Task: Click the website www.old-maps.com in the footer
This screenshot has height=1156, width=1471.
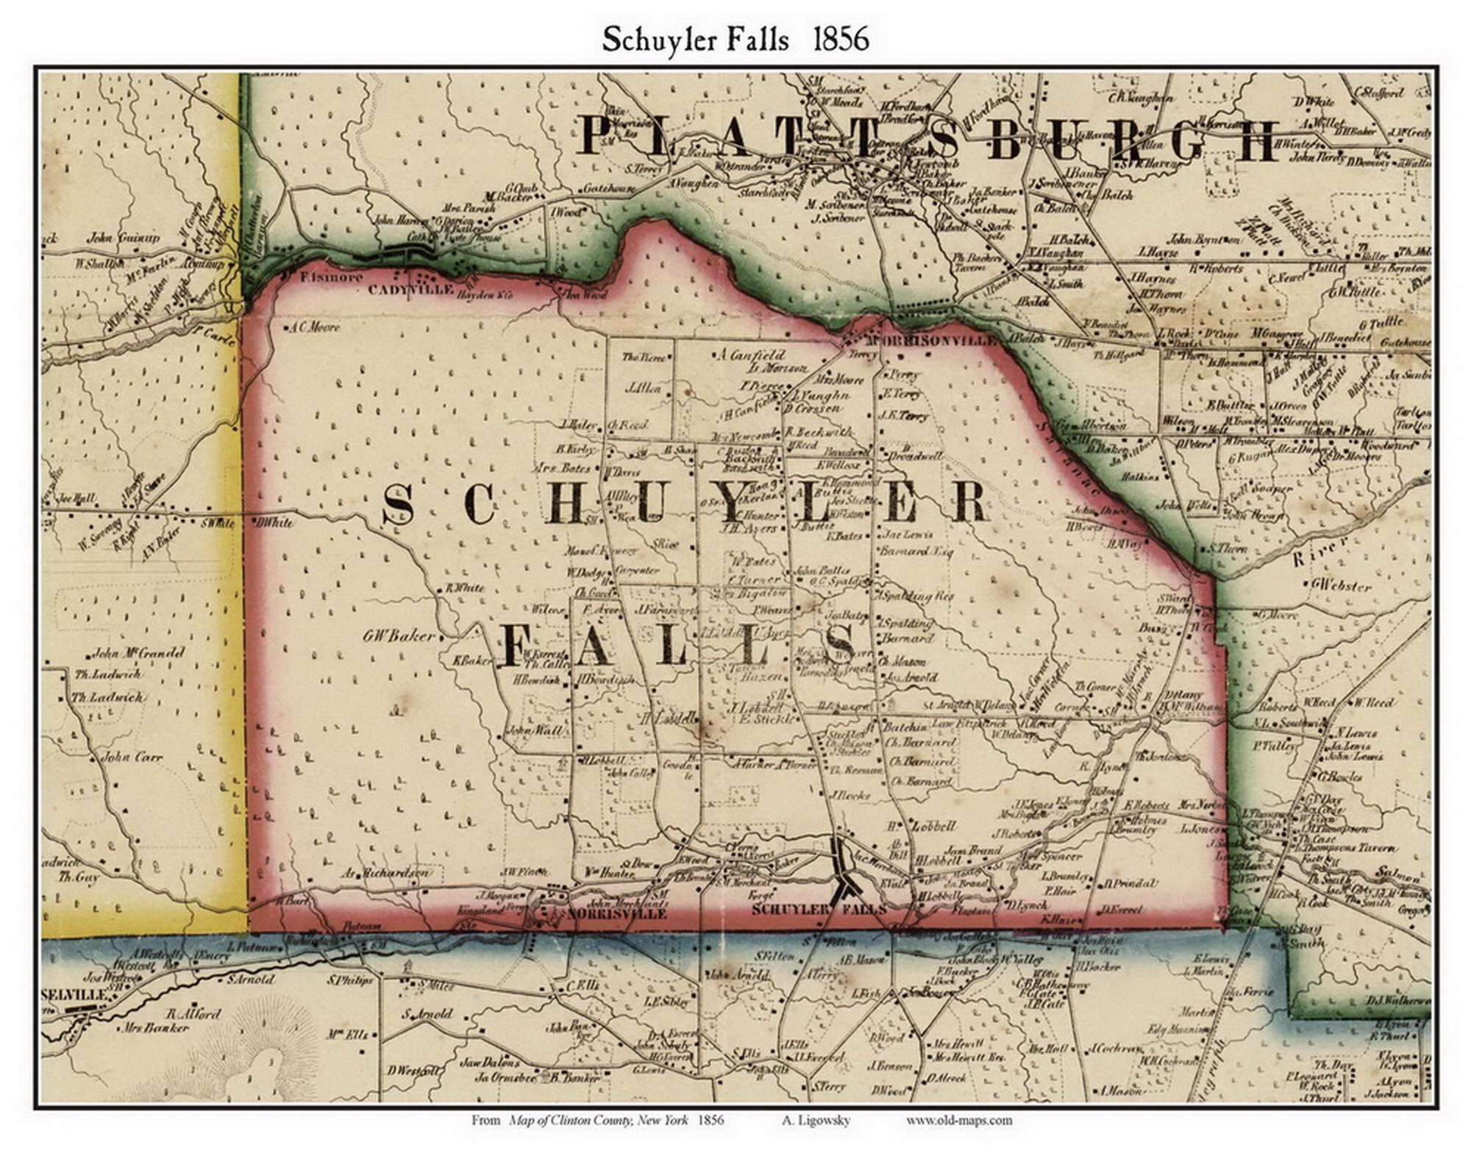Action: (x=958, y=1121)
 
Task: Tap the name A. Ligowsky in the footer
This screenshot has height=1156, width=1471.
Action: (x=816, y=1121)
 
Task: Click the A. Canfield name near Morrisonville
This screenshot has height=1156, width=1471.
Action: (x=752, y=355)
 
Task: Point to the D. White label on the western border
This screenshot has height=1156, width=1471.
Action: (x=273, y=523)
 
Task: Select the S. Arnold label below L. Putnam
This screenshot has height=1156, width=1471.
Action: (x=250, y=980)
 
